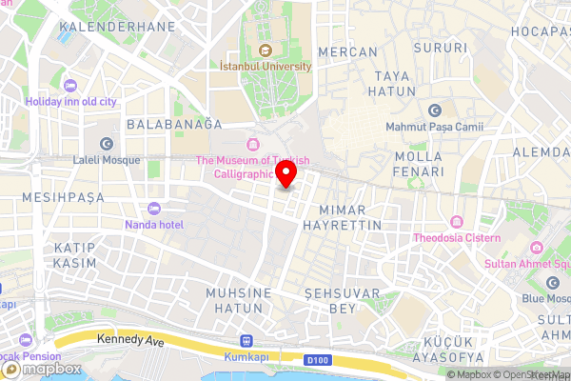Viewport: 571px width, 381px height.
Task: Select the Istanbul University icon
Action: coord(265,50)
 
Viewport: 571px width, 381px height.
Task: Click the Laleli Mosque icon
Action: coord(107,144)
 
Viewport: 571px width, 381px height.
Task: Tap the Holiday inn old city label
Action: coord(71,101)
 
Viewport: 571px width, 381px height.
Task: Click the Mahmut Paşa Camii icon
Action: coord(435,110)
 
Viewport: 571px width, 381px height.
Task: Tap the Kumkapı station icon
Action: coord(247,339)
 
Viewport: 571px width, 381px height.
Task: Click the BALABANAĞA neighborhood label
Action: coord(174,124)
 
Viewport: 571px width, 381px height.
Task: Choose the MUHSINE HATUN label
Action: coord(240,300)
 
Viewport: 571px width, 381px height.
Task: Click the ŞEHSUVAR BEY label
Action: coord(342,301)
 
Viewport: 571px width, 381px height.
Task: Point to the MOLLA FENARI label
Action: coord(419,164)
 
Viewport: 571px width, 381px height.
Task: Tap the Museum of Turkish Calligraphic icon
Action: coord(252,145)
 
